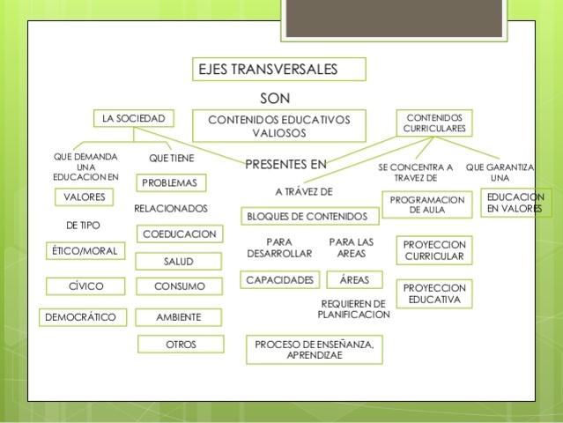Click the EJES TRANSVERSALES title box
tap(278, 70)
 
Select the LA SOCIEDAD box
tap(133, 118)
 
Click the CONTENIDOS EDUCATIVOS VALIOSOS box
tap(278, 125)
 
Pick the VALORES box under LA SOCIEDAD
tap(84, 197)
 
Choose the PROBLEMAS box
tap(172, 183)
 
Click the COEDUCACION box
tap(180, 234)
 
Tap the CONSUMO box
tap(180, 286)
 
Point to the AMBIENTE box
tap(179, 316)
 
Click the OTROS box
tap(181, 345)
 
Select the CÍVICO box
tap(86, 286)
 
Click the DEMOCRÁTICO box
tap(84, 316)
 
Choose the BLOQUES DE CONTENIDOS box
tap(309, 216)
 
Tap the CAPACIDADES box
tap(279, 280)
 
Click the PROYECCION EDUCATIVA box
tap(433, 293)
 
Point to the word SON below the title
tap(276, 96)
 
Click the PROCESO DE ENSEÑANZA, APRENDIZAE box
tap(315, 350)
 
